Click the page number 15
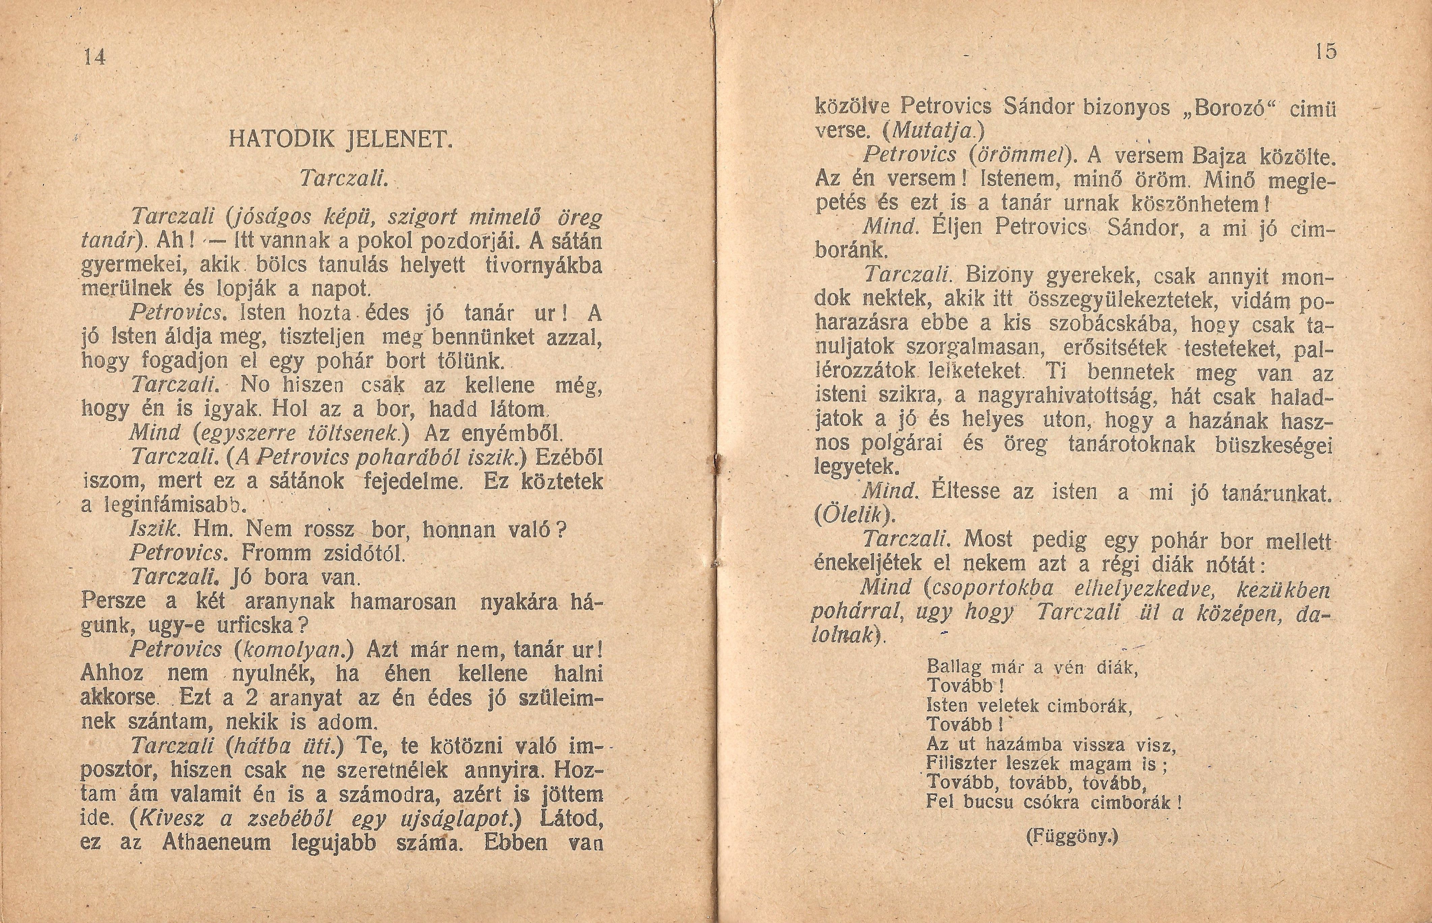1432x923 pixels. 1326,52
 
